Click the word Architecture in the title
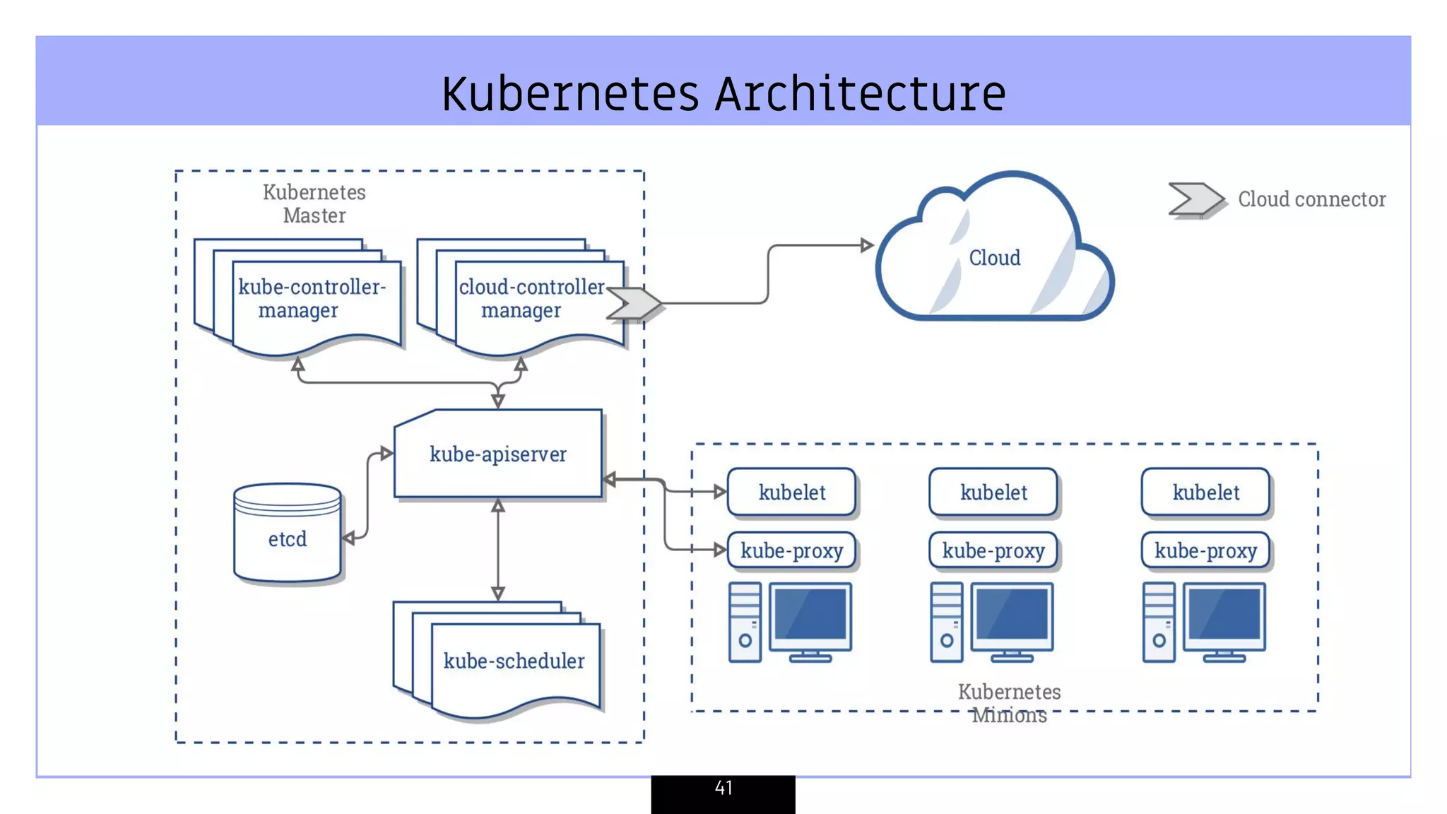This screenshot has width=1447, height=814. coord(860,94)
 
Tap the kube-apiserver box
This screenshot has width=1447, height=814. coord(498,454)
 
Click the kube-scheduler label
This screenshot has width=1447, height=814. coord(514,661)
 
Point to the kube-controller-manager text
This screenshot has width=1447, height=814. coord(311,298)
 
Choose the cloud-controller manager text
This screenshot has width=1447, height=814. coord(531,298)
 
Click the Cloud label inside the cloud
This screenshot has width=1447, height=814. coord(994,258)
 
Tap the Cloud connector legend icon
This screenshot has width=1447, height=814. coord(1195,199)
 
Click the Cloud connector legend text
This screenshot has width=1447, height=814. coord(1311,199)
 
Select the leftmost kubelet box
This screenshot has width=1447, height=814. coord(791,492)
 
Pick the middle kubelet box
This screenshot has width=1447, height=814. coord(993,492)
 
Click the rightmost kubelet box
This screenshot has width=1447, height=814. coord(1205,492)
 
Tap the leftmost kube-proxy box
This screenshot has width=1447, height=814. coord(791,550)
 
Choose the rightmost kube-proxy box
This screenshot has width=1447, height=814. coord(1205,550)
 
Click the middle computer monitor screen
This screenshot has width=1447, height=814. coord(1012,615)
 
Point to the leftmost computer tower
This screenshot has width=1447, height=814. coord(745,622)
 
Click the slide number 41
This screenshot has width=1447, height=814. coord(723,788)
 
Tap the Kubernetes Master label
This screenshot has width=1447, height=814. coord(314,203)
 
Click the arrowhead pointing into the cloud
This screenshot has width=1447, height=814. coord(867,245)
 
